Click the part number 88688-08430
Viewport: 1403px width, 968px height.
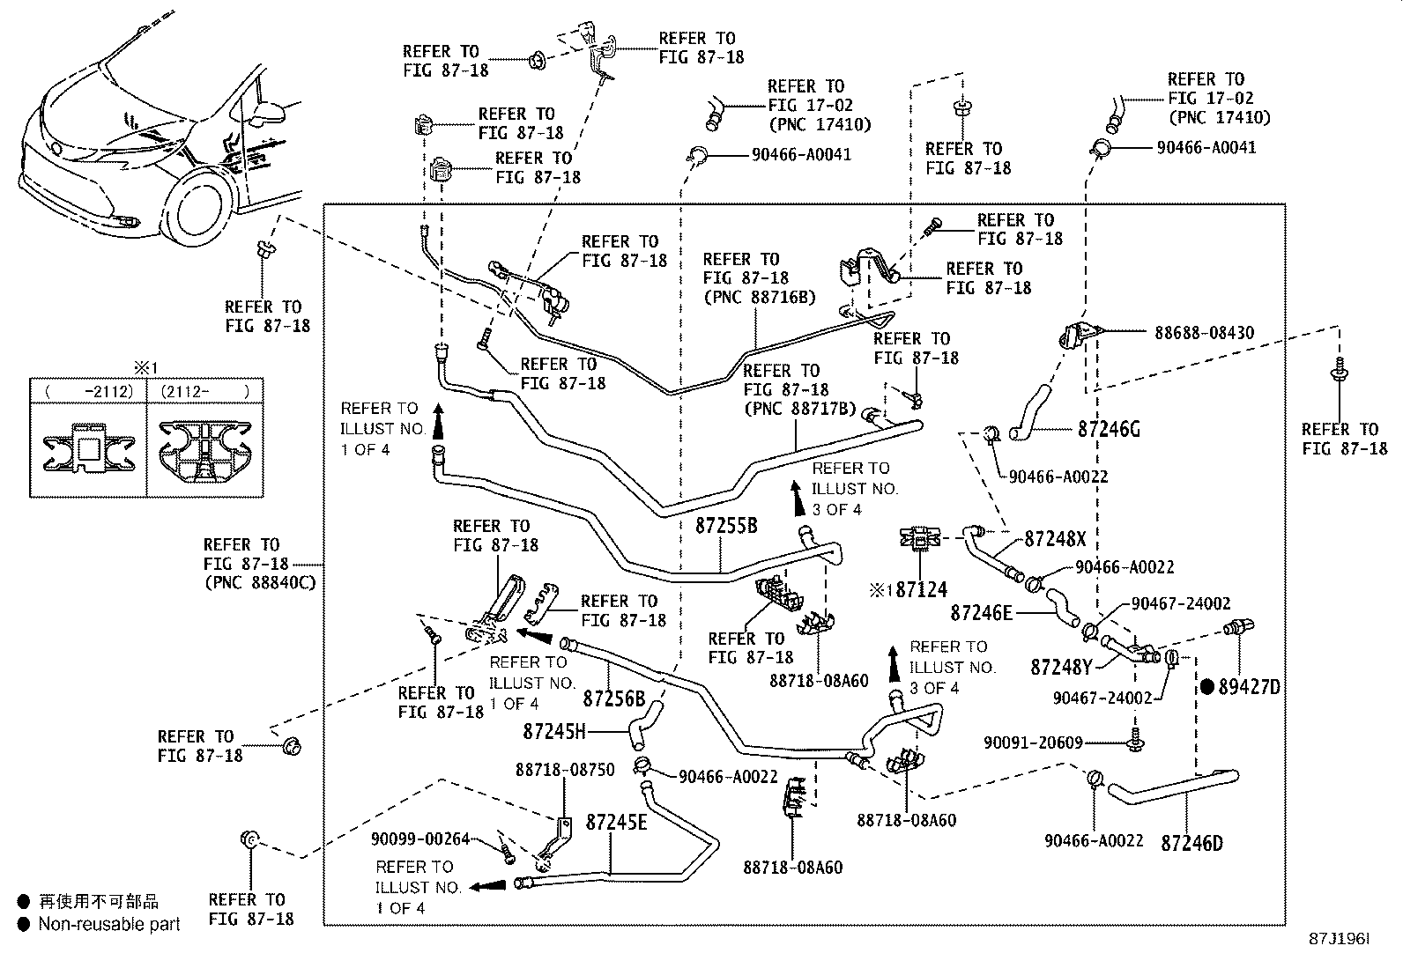[x=1205, y=334]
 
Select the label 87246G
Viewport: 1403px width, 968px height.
[x=1109, y=430]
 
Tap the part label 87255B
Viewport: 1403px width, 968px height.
[x=726, y=527]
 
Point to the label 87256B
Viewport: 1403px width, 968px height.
[x=614, y=698]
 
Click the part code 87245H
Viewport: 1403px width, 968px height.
[x=553, y=731]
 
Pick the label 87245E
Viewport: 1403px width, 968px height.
[x=616, y=823]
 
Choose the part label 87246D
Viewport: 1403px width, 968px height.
[x=1191, y=843]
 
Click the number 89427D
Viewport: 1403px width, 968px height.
[x=1249, y=687]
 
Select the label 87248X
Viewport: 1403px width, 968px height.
[x=1055, y=539]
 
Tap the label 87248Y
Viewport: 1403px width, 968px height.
[x=1061, y=668]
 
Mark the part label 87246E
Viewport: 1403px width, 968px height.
[x=982, y=612]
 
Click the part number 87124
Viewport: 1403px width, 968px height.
[x=921, y=589]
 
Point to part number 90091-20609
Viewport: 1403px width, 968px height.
[x=1033, y=743]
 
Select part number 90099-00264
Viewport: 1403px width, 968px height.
[x=420, y=839]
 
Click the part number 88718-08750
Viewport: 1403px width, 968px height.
[x=565, y=770]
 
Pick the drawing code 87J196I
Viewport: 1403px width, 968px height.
[x=1340, y=940]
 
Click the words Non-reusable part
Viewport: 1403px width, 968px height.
[x=109, y=924]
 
